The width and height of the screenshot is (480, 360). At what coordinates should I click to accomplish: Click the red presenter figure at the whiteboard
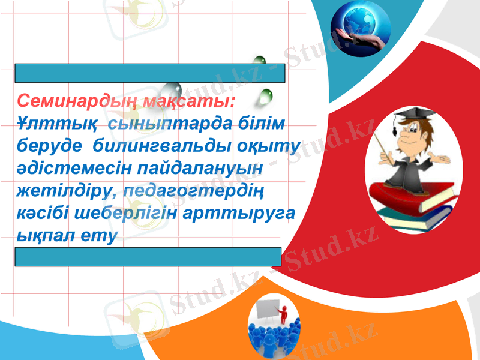[282, 311]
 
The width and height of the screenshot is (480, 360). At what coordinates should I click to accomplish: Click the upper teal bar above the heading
[149, 73]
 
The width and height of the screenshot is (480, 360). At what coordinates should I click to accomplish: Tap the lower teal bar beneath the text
[148, 256]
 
